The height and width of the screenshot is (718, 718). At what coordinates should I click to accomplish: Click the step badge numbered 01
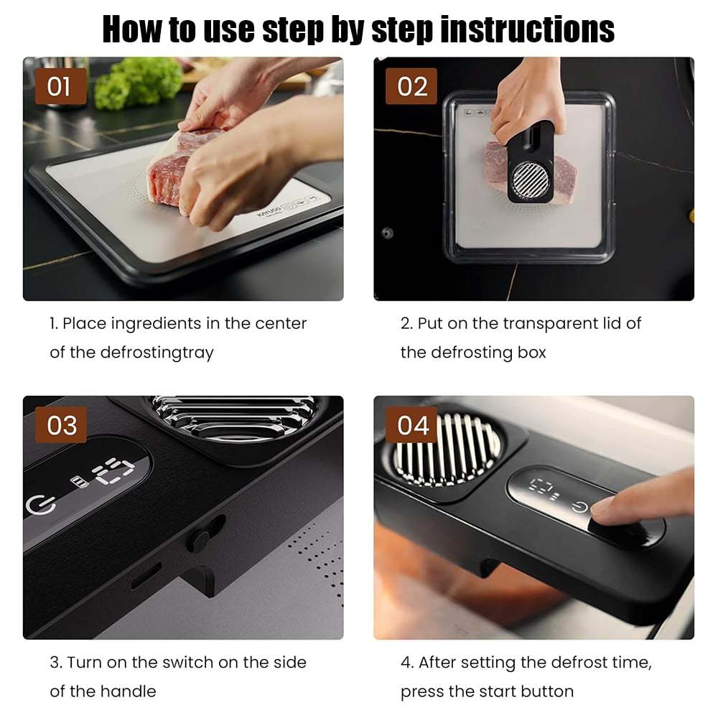pyautogui.click(x=60, y=86)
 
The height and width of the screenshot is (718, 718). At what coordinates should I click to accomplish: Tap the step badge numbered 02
pyautogui.click(x=411, y=86)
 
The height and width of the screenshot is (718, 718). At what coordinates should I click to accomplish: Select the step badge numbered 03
pyautogui.click(x=60, y=425)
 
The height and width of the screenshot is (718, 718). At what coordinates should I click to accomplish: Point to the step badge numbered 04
pyautogui.click(x=411, y=425)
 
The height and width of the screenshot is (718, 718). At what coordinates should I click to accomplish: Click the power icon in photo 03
pyautogui.click(x=41, y=505)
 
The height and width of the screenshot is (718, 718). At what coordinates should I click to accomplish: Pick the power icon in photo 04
pyautogui.click(x=579, y=508)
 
